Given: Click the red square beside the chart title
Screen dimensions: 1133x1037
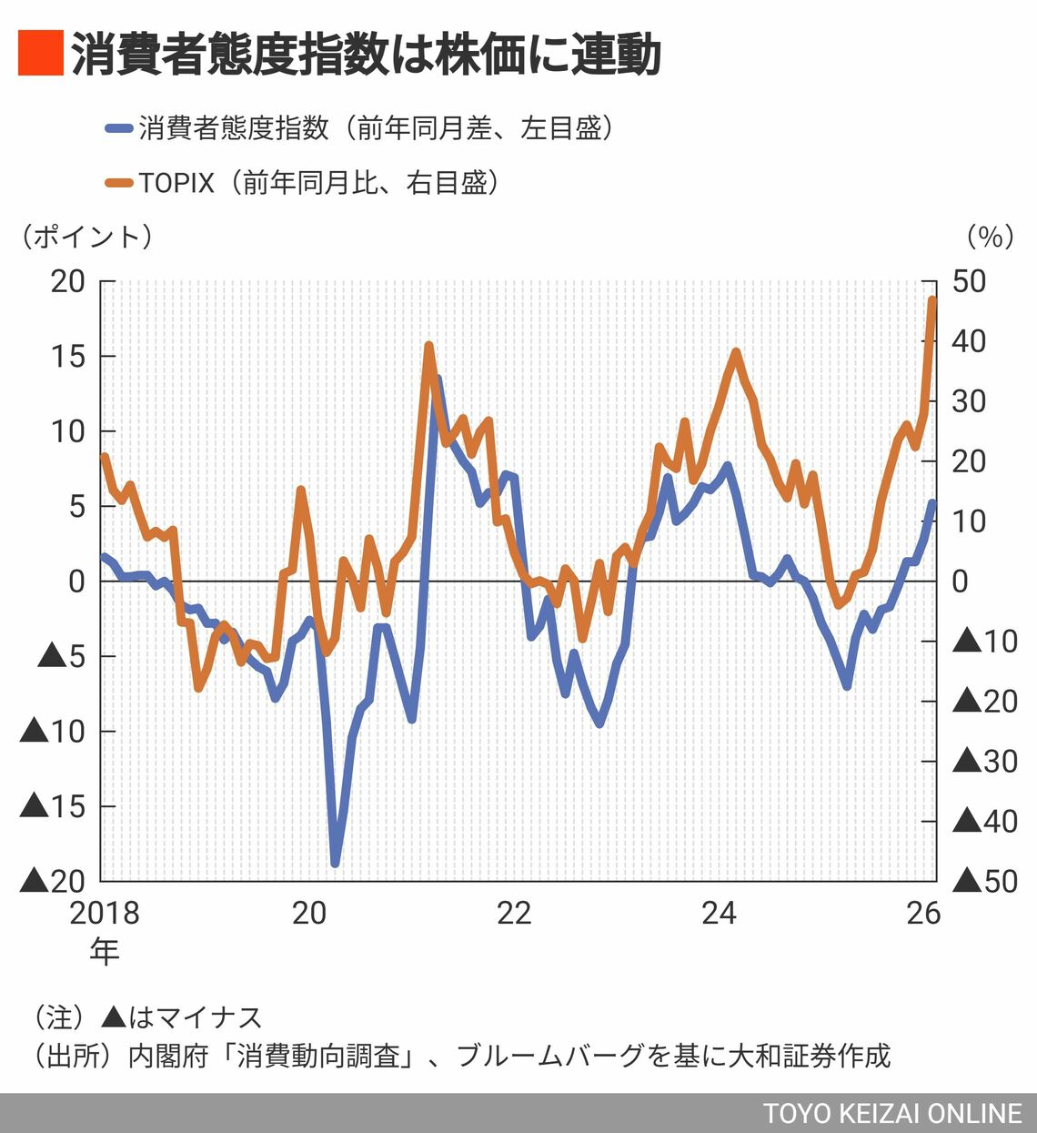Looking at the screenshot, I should [40, 53].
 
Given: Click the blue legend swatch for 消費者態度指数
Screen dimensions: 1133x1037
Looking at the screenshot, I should [119, 128].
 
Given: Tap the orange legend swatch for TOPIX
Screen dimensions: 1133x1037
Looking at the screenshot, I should [119, 183].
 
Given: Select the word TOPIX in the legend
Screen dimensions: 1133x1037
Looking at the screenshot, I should [176, 183].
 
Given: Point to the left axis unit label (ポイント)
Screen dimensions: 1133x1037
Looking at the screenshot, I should [87, 237].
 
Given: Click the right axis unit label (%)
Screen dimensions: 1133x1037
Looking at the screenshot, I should [990, 237].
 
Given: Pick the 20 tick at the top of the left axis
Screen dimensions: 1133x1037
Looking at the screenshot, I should [67, 281].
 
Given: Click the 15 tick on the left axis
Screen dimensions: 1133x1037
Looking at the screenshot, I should [67, 356].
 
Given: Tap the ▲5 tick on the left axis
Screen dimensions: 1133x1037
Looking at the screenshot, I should [61, 656].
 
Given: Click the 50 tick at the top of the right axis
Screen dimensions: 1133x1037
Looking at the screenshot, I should [969, 281].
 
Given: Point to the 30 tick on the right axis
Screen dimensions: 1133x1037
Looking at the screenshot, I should [969, 401].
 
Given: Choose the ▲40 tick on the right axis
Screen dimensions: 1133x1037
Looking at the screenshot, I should [985, 822].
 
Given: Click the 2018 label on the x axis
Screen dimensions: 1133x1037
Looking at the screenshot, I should [105, 913].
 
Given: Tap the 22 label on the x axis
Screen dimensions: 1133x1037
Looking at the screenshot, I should [514, 913].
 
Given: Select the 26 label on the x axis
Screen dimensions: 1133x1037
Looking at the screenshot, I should [923, 913].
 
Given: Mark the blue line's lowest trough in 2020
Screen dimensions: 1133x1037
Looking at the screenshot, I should [335, 863].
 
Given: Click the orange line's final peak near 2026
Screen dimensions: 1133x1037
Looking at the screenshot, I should [932, 299].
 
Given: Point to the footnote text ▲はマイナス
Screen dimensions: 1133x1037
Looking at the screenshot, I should [182, 1017].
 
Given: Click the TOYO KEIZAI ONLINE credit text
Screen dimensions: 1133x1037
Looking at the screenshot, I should [892, 1114].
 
